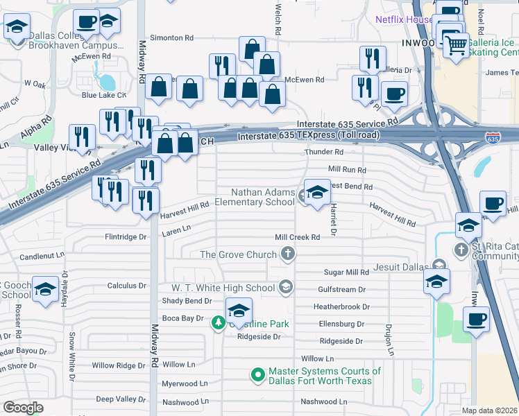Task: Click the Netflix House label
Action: click(x=404, y=20)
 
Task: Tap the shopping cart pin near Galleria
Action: click(x=455, y=46)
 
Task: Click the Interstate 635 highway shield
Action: click(x=493, y=138)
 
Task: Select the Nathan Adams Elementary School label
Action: click(x=263, y=197)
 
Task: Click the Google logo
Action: click(x=24, y=407)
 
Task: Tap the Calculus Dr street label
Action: click(x=127, y=285)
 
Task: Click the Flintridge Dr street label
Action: click(x=126, y=236)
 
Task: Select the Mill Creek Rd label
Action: click(x=297, y=237)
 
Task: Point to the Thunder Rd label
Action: click(x=324, y=152)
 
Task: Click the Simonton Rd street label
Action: click(x=171, y=38)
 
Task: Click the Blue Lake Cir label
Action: click(x=103, y=95)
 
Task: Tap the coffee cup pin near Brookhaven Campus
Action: click(x=86, y=23)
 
